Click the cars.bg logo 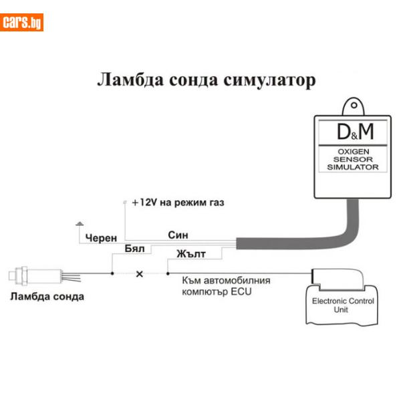[21, 23]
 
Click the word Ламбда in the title [131, 80]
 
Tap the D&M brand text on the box [356, 132]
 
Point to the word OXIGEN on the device [353, 152]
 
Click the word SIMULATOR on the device [353, 167]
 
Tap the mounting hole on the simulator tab [354, 105]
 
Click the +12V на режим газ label [178, 203]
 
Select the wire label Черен [101, 238]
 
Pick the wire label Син [178, 235]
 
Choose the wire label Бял [134, 249]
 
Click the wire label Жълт [191, 254]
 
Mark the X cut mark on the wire [140, 274]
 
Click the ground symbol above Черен [80, 224]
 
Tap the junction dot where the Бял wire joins [112, 273]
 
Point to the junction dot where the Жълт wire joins [168, 273]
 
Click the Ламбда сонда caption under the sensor [47, 297]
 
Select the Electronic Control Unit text [343, 305]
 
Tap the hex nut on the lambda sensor [23, 275]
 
